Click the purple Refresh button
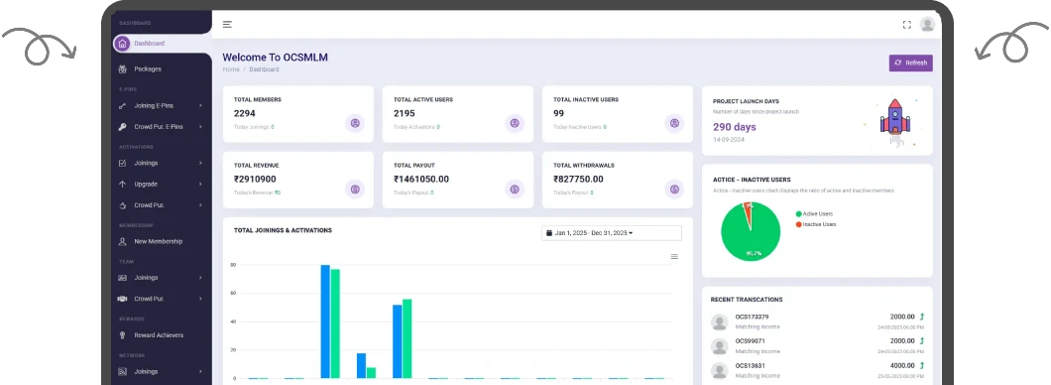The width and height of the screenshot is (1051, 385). point(910,63)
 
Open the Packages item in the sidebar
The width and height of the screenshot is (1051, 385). point(147,68)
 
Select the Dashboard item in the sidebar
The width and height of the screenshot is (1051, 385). point(149,44)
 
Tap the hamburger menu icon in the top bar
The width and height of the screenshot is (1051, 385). point(227,24)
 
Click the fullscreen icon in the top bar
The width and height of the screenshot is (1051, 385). point(906,24)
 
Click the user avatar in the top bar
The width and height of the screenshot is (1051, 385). point(927,24)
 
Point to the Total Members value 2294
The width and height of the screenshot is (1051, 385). point(244,114)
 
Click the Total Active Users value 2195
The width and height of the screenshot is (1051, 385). point(405,114)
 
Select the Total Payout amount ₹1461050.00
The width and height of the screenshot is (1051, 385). point(421,180)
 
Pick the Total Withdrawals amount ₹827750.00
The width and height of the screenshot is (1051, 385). point(578,180)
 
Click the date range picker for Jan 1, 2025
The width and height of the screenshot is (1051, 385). point(611,233)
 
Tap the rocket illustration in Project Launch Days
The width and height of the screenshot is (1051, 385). point(893,120)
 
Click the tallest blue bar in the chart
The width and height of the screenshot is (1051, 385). point(324,321)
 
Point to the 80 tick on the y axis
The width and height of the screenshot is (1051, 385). point(233,266)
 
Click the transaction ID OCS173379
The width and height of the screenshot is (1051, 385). point(752,317)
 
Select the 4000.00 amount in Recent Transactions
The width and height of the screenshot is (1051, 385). point(902,364)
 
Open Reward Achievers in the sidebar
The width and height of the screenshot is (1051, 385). point(159,335)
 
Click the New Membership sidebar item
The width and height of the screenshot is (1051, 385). point(158,241)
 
